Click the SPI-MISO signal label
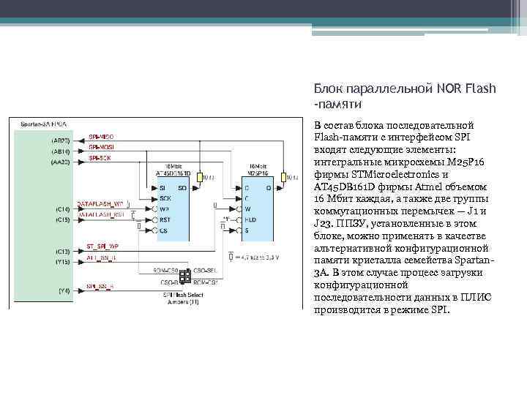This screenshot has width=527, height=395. click(101, 137)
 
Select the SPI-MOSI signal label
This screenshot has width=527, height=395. click(101, 148)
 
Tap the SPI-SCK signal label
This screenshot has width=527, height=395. click(100, 158)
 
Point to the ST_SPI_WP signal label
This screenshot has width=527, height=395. click(102, 246)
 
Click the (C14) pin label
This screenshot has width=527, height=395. click(62, 209)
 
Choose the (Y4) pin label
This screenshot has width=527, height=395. click(64, 290)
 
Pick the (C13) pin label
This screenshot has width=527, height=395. click(62, 251)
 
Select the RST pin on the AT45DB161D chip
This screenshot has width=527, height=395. click(165, 219)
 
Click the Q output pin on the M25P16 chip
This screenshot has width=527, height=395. click(268, 187)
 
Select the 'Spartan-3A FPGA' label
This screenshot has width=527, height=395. click(44, 125)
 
